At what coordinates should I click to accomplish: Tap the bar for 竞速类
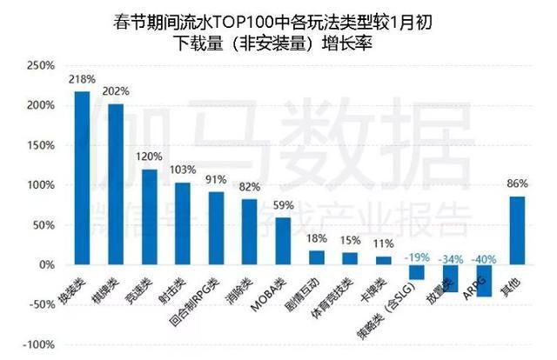149,217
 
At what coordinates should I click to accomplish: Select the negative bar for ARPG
484,280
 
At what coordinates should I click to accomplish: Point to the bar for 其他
517,230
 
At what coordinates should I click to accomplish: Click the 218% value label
81,79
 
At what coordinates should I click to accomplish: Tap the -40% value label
484,258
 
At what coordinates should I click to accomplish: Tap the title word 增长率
352,43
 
